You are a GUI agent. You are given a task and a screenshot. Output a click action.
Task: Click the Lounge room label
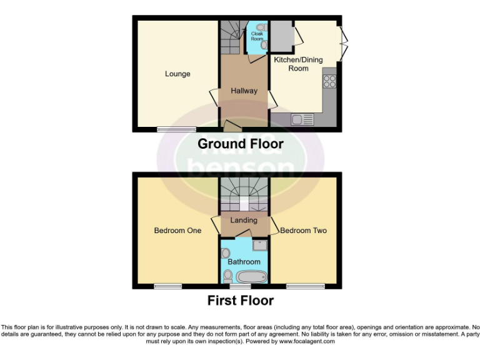(x=177, y=74)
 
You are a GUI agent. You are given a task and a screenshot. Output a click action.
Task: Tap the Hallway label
(x=244, y=91)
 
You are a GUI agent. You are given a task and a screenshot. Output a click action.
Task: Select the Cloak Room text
(x=257, y=36)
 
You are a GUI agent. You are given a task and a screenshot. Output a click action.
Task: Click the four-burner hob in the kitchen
(x=329, y=81)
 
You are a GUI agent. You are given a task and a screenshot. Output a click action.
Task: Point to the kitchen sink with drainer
(x=302, y=119)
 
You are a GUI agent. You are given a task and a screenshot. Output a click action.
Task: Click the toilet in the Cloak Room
(x=263, y=45)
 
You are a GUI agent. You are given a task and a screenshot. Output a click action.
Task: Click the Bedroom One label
(x=177, y=231)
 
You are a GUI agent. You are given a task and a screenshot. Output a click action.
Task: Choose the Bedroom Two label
(x=304, y=231)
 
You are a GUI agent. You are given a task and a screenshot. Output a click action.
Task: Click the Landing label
(x=244, y=220)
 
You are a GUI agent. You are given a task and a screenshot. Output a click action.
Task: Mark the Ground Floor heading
(x=240, y=144)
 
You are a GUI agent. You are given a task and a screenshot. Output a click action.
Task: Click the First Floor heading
(x=240, y=301)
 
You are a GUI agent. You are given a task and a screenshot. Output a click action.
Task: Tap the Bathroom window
(x=241, y=286)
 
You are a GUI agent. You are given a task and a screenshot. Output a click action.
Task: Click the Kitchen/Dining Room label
(x=298, y=64)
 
